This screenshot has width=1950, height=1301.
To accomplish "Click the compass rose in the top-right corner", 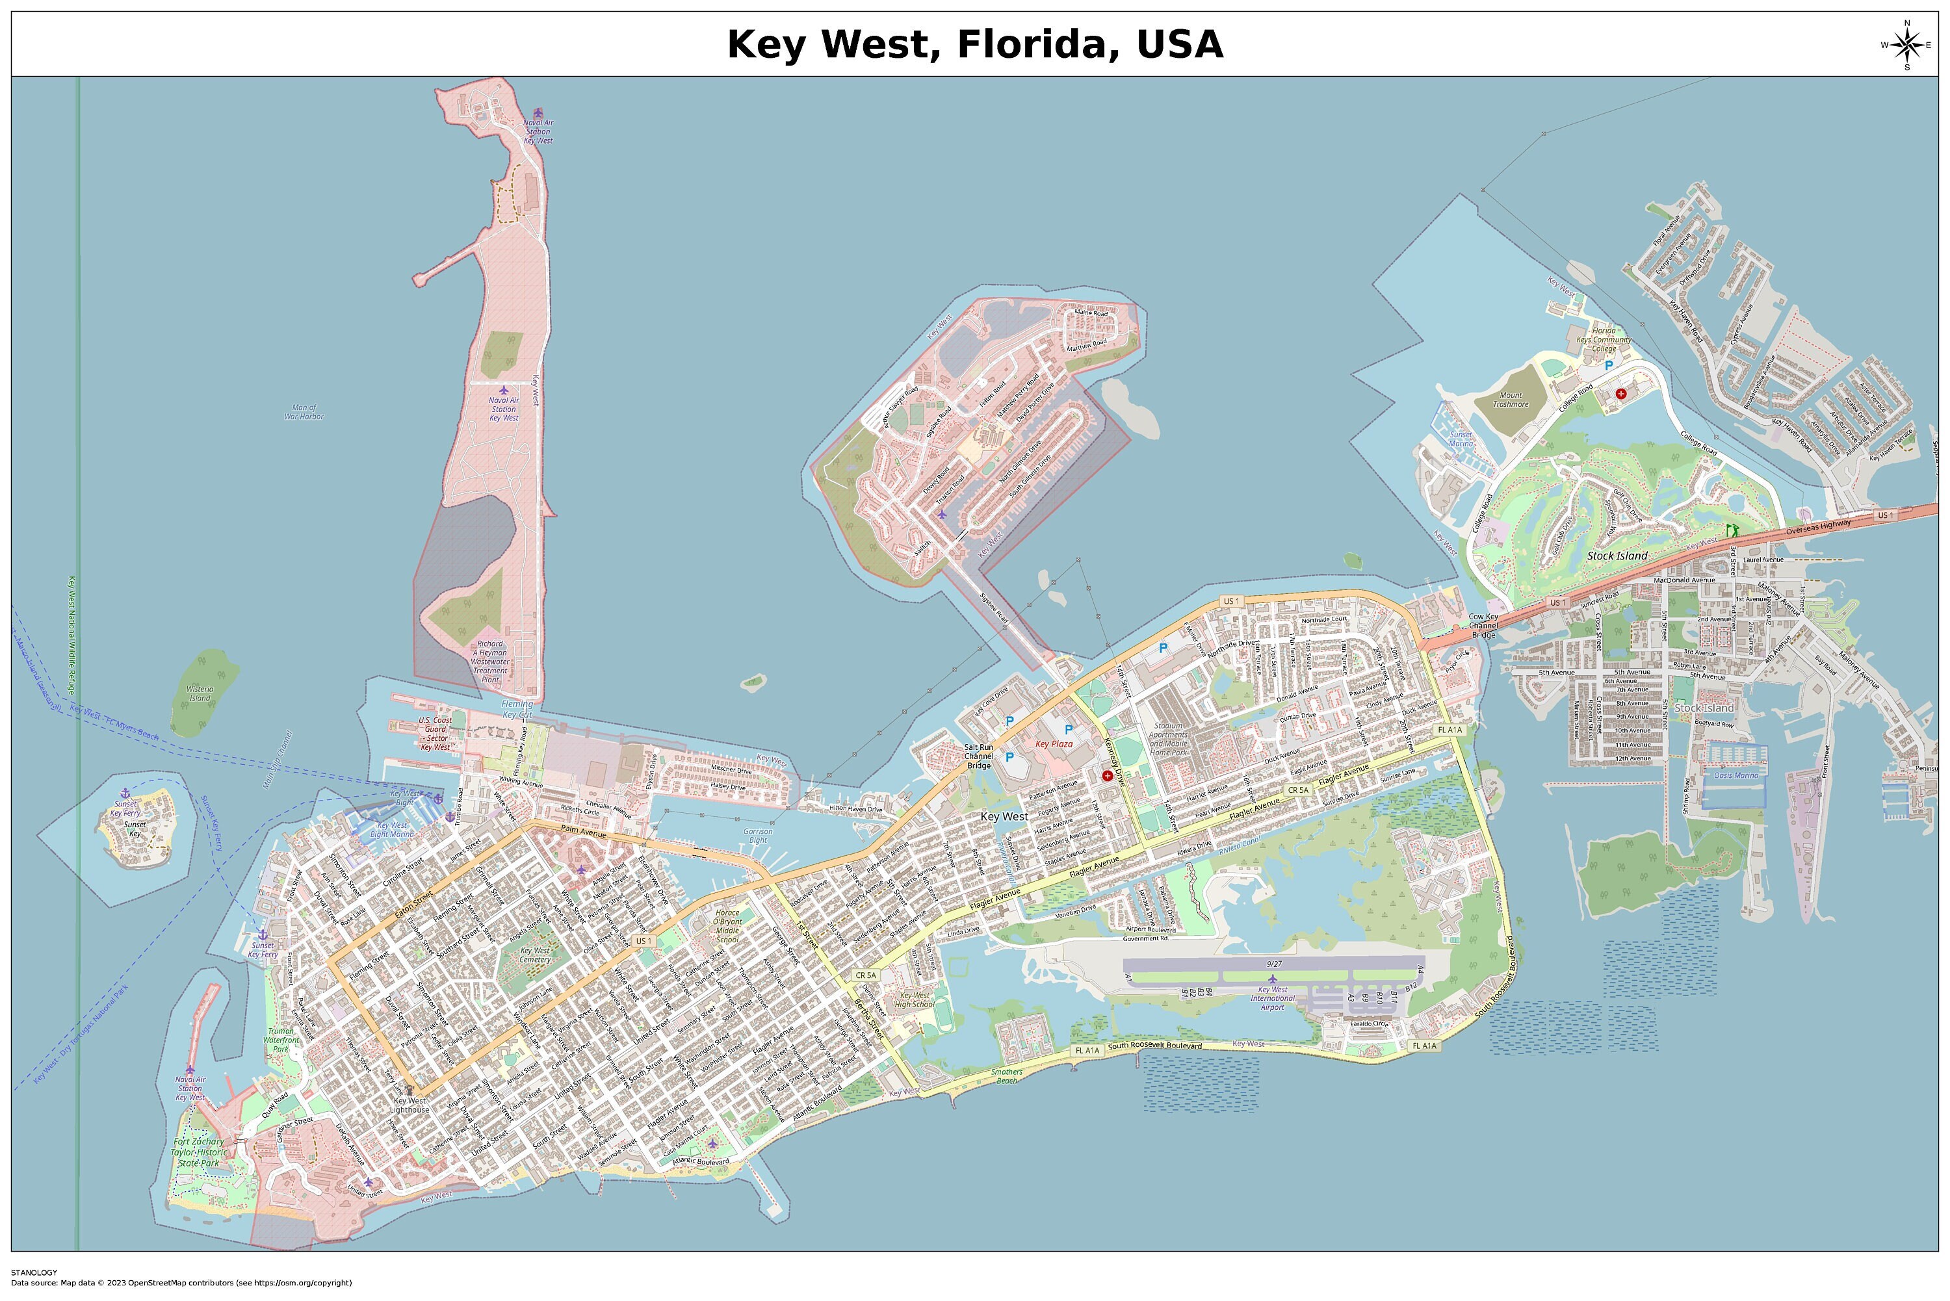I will [1906, 45].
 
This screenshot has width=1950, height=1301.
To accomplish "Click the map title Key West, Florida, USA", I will [974, 44].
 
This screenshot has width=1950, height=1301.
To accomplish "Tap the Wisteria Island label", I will [199, 693].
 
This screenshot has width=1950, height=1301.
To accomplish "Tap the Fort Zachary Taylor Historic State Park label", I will [199, 1152].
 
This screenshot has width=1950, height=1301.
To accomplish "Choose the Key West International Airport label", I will [1272, 998].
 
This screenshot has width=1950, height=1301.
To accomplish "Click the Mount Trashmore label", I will [1510, 400].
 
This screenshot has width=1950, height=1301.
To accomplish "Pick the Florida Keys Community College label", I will [1603, 339].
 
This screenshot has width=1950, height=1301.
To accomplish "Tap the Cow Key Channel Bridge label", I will [1483, 626].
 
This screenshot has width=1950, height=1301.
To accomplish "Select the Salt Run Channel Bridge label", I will [978, 756].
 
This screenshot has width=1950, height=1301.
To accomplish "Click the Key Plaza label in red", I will [1054, 744].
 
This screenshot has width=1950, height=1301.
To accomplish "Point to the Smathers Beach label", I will [1007, 1076].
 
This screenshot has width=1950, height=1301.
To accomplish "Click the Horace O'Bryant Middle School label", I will [728, 926].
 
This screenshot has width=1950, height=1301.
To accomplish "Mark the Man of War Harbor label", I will [304, 411].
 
